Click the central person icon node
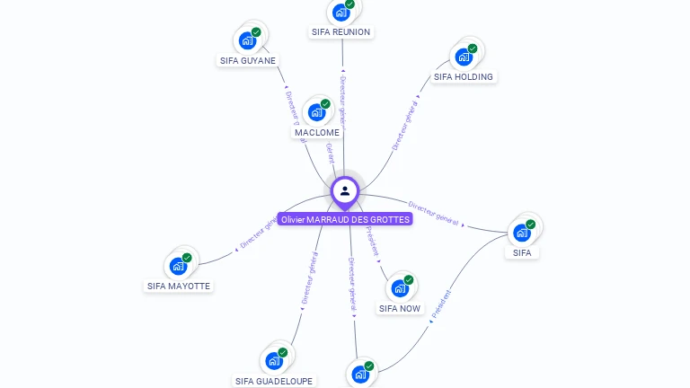coord(345,190)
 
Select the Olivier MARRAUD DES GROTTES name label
coord(345,219)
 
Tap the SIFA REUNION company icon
coord(341,13)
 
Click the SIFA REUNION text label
coord(341,31)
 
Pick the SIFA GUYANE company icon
coord(246,40)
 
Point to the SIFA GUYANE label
coord(248,60)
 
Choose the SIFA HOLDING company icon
coord(464,57)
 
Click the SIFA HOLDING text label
coord(464,76)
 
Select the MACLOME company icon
coord(315,112)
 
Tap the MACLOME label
coord(317,132)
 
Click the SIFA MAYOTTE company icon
coord(178,266)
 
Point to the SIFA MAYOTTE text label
coord(179,286)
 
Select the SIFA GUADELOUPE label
coord(275,381)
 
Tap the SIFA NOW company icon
coord(399,289)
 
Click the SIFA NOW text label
coord(400,308)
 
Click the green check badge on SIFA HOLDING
coord(473,48)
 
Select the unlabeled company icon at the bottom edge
coord(359,375)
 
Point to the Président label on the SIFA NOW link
coord(372,242)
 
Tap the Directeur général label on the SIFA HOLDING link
coord(405,126)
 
